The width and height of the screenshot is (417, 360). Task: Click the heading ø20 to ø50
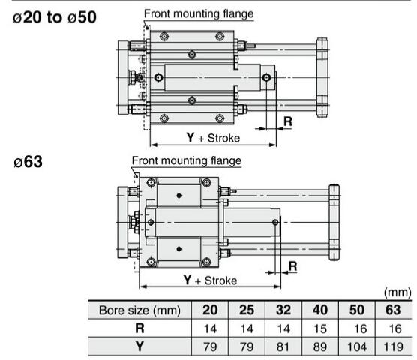click(55, 17)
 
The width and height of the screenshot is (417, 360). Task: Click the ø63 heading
click(28, 162)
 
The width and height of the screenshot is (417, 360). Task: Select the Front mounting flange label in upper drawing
click(199, 13)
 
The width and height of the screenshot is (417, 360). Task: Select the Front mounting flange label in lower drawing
click(187, 160)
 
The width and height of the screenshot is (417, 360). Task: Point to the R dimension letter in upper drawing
click(288, 121)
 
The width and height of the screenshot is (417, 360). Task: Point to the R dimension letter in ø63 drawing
click(292, 266)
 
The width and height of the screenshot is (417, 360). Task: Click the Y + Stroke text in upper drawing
click(213, 138)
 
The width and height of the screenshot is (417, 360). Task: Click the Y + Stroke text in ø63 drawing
click(210, 280)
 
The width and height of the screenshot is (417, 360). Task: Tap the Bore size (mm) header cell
click(139, 310)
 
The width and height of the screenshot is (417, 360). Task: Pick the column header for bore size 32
click(283, 310)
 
